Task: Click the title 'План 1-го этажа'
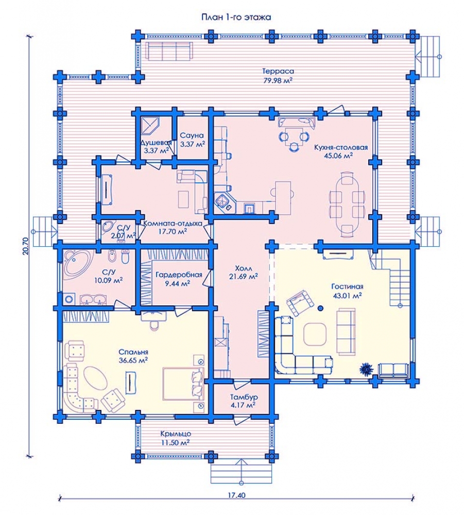[x=236, y=17]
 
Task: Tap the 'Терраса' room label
[x=278, y=71]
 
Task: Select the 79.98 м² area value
[x=278, y=80]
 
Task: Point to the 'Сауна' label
[x=192, y=135]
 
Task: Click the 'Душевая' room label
[x=156, y=143]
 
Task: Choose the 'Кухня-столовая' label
[x=341, y=147]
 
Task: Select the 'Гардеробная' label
[x=179, y=274]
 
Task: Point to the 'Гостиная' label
[x=347, y=286]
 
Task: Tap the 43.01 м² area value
[x=347, y=295]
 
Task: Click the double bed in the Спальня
[x=183, y=384]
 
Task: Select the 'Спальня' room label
[x=133, y=352]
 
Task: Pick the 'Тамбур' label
[x=244, y=397]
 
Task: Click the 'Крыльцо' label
[x=176, y=434]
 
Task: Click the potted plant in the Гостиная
[x=366, y=369]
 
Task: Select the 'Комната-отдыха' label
[x=173, y=224]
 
